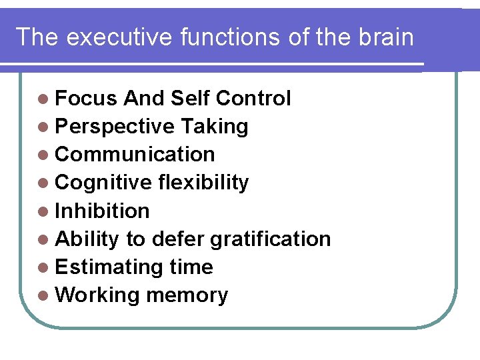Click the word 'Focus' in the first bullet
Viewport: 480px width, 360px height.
86,99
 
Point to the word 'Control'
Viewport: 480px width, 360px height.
253,99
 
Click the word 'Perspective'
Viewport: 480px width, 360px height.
115,127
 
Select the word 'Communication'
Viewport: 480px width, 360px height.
135,155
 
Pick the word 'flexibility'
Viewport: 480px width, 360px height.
203,183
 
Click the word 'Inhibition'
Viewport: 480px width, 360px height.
102,211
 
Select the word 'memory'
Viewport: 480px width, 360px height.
187,295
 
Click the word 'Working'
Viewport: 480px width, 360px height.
97,295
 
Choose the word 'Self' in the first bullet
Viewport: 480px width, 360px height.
189,99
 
